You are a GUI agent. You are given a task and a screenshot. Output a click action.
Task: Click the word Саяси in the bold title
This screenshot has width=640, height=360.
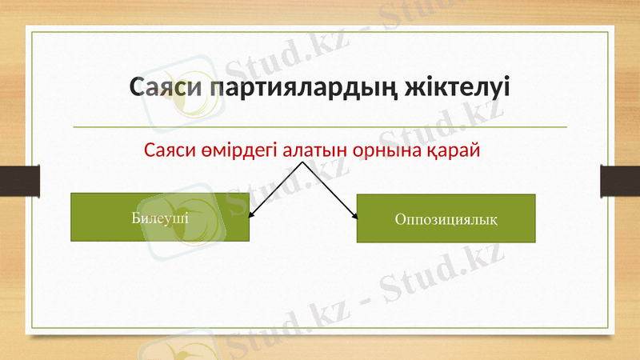pos(166,86)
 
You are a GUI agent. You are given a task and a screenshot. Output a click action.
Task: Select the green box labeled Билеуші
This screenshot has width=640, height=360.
pos(160,217)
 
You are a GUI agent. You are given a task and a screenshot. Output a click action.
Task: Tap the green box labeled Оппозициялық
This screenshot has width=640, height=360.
pos(445,218)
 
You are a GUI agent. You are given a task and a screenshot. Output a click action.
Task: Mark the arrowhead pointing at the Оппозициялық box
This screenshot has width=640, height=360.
pos(353,215)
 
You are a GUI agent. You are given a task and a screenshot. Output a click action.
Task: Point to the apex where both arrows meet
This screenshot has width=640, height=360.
pos(302,162)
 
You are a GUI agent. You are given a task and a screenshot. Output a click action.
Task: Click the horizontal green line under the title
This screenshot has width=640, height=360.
pos(320,126)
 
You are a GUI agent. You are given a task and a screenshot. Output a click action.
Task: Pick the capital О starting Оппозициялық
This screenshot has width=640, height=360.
pos(399,218)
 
